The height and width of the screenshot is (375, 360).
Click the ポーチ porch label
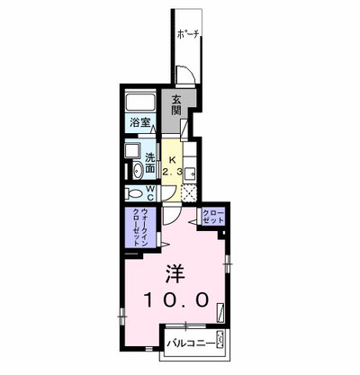click(188, 34)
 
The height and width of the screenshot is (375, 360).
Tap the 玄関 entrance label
click(176, 105)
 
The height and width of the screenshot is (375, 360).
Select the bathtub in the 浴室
click(140, 103)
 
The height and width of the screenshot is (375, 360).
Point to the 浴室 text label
click(139, 122)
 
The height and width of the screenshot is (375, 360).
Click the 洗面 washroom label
click(150, 163)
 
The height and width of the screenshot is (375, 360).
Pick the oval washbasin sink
click(138, 171)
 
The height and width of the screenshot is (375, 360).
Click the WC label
click(150, 193)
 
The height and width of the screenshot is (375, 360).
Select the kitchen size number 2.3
click(173, 172)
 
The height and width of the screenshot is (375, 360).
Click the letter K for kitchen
click(172, 160)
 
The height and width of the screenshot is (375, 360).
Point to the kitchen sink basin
click(190, 174)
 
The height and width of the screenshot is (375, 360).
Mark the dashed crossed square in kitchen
click(189, 192)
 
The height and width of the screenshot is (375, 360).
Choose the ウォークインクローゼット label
click(139, 227)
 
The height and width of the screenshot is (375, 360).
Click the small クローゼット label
click(213, 218)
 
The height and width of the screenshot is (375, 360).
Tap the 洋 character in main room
click(175, 274)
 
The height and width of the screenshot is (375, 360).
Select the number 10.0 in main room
click(176, 300)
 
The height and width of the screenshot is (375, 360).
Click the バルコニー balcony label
click(192, 343)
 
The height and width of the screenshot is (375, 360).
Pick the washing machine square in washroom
click(133, 151)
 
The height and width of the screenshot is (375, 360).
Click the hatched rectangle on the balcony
click(220, 339)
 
